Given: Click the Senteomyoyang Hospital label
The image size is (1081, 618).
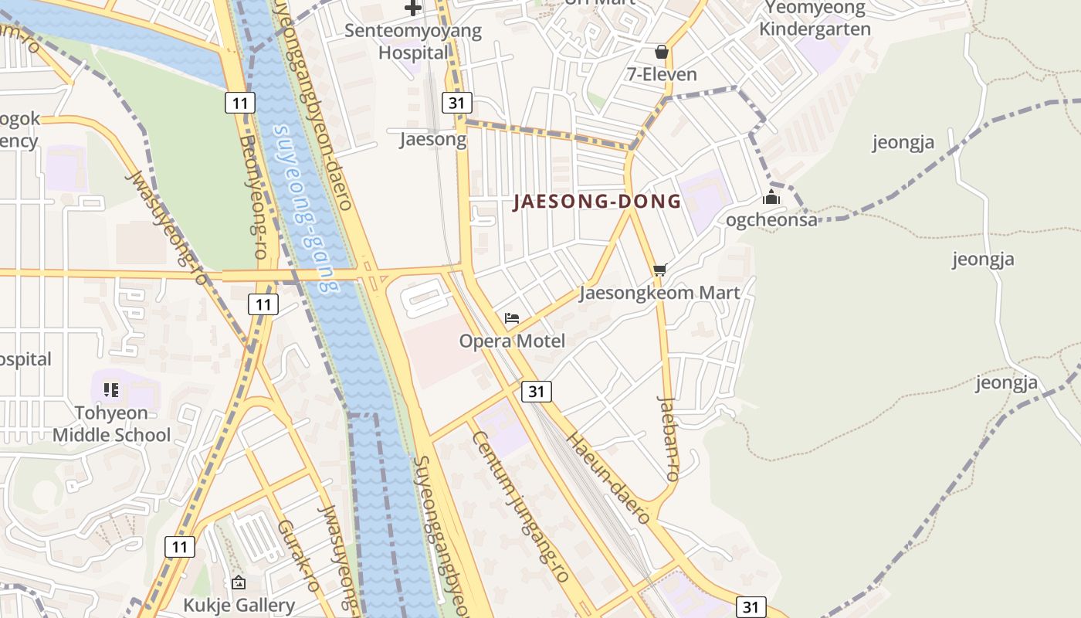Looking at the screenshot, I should (x=413, y=42).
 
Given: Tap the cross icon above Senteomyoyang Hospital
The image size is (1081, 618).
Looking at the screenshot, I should (x=413, y=8).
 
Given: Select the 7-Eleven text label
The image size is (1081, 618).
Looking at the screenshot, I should (x=662, y=74).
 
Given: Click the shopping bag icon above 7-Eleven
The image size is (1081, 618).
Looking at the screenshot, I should (x=662, y=52).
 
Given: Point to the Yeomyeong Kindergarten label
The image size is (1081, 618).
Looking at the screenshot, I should (x=815, y=19).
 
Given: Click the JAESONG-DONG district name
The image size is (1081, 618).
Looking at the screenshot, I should (x=598, y=202).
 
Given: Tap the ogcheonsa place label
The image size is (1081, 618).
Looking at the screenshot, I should (x=771, y=220).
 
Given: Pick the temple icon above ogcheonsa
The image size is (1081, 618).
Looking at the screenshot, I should (x=771, y=198).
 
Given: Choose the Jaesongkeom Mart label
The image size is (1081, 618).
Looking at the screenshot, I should (x=659, y=293).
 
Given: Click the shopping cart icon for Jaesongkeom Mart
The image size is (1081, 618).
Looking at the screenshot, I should (x=659, y=270).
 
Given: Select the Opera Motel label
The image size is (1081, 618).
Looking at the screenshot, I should (x=512, y=341).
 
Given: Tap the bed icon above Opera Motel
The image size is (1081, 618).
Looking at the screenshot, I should (x=512, y=318).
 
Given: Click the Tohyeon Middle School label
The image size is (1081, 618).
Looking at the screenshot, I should (x=111, y=423).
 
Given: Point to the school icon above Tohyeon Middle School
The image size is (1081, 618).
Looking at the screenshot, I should (x=111, y=390).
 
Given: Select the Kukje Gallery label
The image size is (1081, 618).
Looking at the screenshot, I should (x=239, y=604).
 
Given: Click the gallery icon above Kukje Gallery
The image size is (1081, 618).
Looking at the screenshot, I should (x=239, y=582).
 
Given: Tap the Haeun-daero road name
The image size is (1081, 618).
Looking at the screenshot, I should (x=608, y=477).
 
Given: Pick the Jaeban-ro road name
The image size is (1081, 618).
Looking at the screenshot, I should (x=669, y=439).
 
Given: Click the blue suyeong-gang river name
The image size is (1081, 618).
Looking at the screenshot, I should (x=307, y=209).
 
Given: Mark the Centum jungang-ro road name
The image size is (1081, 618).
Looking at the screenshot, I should (x=520, y=506).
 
